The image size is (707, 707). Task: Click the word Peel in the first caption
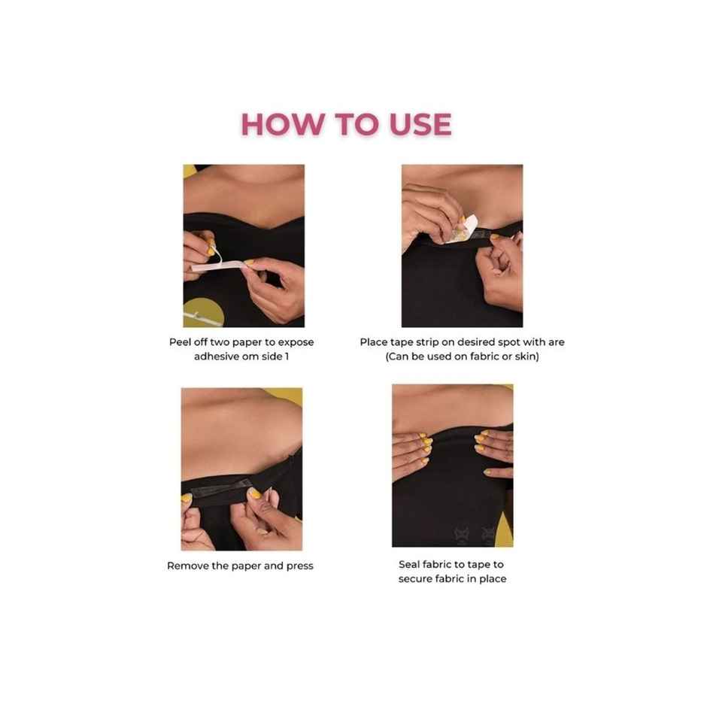181,342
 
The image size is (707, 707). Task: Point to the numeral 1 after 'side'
287,357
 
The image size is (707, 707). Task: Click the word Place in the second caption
374,342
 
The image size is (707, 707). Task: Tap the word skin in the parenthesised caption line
524,357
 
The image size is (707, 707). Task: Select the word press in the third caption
299,566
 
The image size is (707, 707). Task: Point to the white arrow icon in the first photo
193,310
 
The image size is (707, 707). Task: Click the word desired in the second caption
461,342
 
